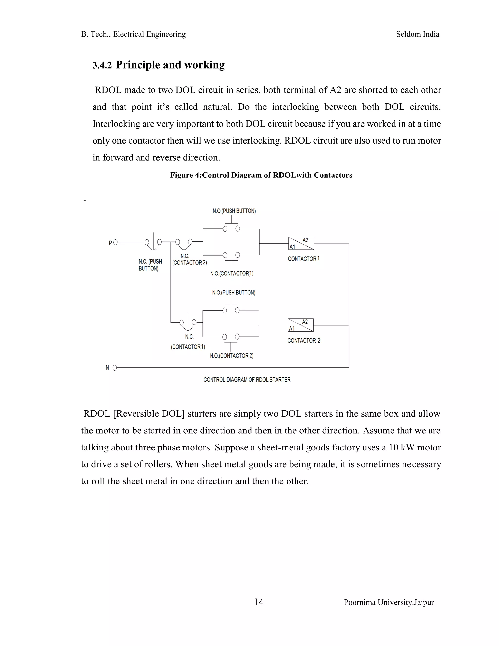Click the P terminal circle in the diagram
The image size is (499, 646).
click(x=115, y=243)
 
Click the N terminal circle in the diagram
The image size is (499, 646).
click(x=115, y=368)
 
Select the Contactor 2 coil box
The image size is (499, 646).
click(x=301, y=325)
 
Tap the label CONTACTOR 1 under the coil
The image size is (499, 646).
click(x=304, y=259)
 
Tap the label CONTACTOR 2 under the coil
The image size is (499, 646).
click(x=304, y=341)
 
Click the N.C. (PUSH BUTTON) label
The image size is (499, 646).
click(x=150, y=265)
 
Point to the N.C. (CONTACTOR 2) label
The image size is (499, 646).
click(x=189, y=259)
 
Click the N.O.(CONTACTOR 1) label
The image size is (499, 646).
click(x=232, y=274)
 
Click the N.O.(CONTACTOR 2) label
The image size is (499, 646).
click(x=232, y=355)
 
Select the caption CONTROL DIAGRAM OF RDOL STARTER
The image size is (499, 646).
click(x=247, y=380)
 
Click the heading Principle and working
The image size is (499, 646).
click(x=170, y=65)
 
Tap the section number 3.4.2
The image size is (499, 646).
click(x=102, y=65)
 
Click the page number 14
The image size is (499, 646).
click(x=259, y=602)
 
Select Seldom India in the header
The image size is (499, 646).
click(x=417, y=34)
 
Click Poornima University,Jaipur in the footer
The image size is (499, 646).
click(x=388, y=602)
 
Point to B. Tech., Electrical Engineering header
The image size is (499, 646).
click(x=133, y=34)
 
